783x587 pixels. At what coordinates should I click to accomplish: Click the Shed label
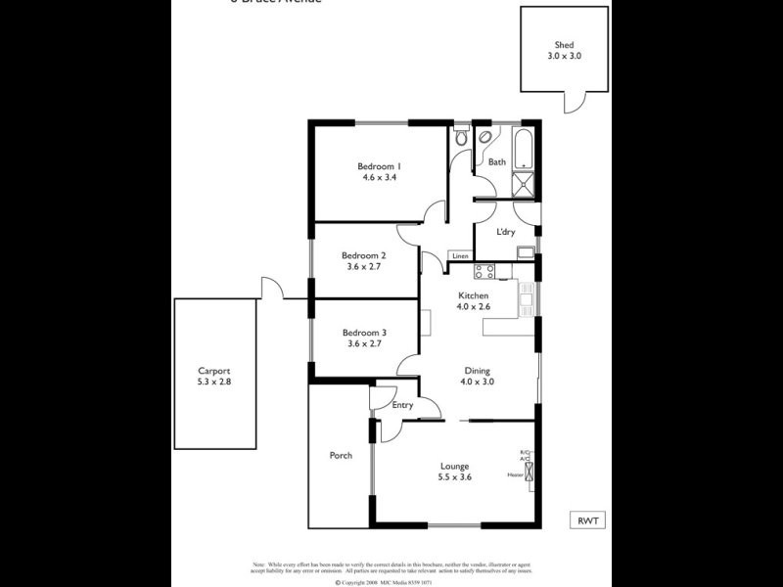tap(564, 44)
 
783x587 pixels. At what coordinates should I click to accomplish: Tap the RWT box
tap(587, 520)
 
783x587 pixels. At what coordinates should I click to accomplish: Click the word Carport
tap(214, 371)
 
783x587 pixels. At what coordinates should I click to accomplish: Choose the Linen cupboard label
tap(459, 256)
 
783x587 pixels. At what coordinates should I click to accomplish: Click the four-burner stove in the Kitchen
tap(486, 271)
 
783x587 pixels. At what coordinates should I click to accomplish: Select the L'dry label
tap(506, 232)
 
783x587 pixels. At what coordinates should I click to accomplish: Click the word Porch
tap(341, 456)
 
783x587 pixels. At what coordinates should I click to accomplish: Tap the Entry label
tap(402, 405)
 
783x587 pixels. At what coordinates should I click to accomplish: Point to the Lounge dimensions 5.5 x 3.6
tap(454, 478)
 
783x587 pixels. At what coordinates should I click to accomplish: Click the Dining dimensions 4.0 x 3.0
tap(477, 383)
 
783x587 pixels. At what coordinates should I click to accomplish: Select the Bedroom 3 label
tap(364, 333)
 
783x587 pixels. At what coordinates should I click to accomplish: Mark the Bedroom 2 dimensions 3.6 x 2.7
tap(364, 266)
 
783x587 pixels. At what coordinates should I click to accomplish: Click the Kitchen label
tap(474, 295)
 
